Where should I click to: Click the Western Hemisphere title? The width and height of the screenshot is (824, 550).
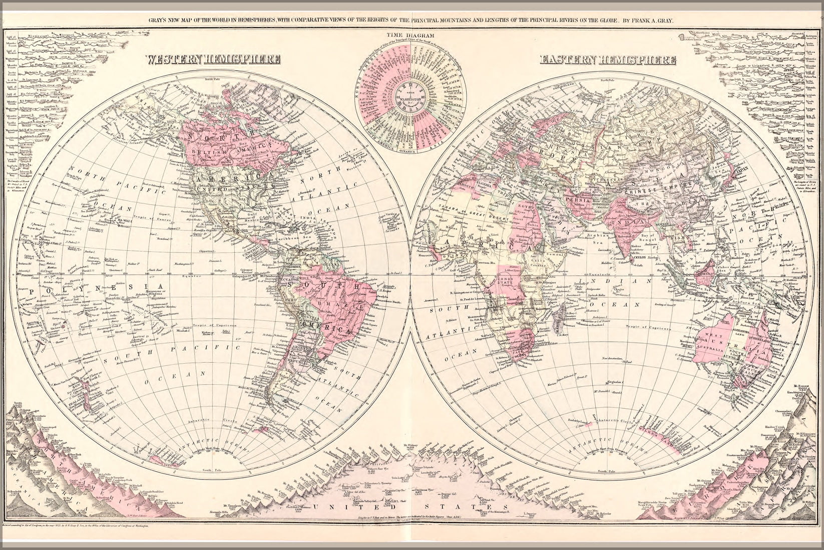213,59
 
